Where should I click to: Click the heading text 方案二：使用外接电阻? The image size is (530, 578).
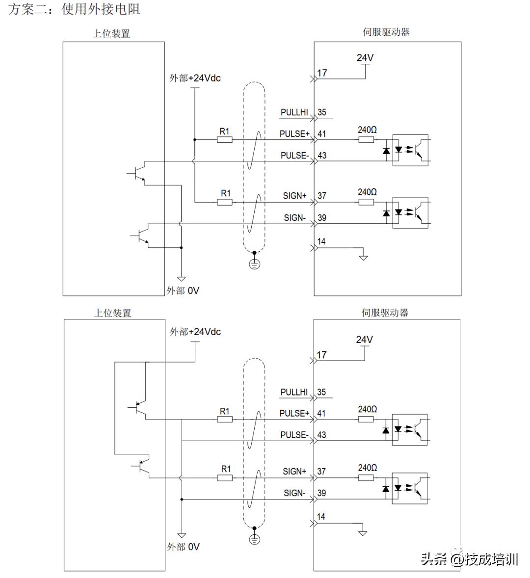[75, 9]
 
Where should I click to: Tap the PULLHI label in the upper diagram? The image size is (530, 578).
[294, 112]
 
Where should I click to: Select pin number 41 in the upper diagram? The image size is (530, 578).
[322, 133]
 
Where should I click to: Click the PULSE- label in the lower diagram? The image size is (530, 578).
[294, 435]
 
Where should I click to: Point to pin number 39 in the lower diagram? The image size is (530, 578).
[322, 493]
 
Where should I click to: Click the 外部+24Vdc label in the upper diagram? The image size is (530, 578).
[195, 78]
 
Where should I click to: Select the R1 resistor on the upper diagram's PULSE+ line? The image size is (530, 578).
[224, 140]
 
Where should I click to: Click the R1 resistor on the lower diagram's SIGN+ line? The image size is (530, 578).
[225, 477]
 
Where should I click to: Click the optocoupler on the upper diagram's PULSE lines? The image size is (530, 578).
[410, 150]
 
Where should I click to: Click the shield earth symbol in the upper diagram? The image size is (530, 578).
[254, 264]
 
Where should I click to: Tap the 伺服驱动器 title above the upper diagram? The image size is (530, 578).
[386, 32]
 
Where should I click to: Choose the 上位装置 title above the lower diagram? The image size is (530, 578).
[113, 313]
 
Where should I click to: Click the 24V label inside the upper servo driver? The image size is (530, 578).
[365, 58]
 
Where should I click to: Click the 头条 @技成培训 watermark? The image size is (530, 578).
[469, 559]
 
